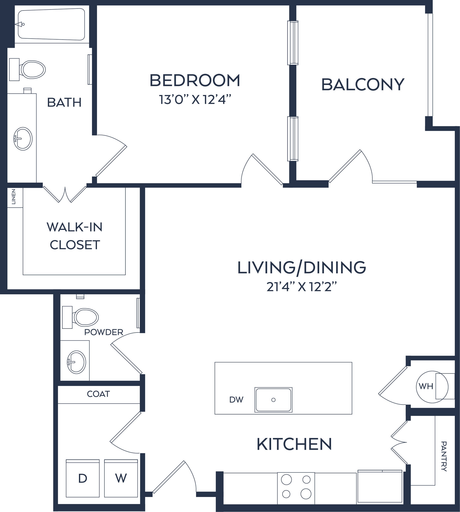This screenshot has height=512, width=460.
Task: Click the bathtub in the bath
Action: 51,24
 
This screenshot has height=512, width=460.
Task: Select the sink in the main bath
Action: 23,139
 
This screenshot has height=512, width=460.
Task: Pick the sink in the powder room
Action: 76,362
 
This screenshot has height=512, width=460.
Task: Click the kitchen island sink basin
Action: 273,400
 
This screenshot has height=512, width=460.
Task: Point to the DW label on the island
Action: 236,400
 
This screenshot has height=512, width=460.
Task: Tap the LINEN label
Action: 14,197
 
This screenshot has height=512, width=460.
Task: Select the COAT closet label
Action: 98,394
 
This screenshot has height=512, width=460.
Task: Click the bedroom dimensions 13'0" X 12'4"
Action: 195,99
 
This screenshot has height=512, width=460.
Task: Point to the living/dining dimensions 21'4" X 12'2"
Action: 302,287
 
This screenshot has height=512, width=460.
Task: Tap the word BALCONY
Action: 363,85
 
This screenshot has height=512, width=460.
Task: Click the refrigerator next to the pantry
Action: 380,487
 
